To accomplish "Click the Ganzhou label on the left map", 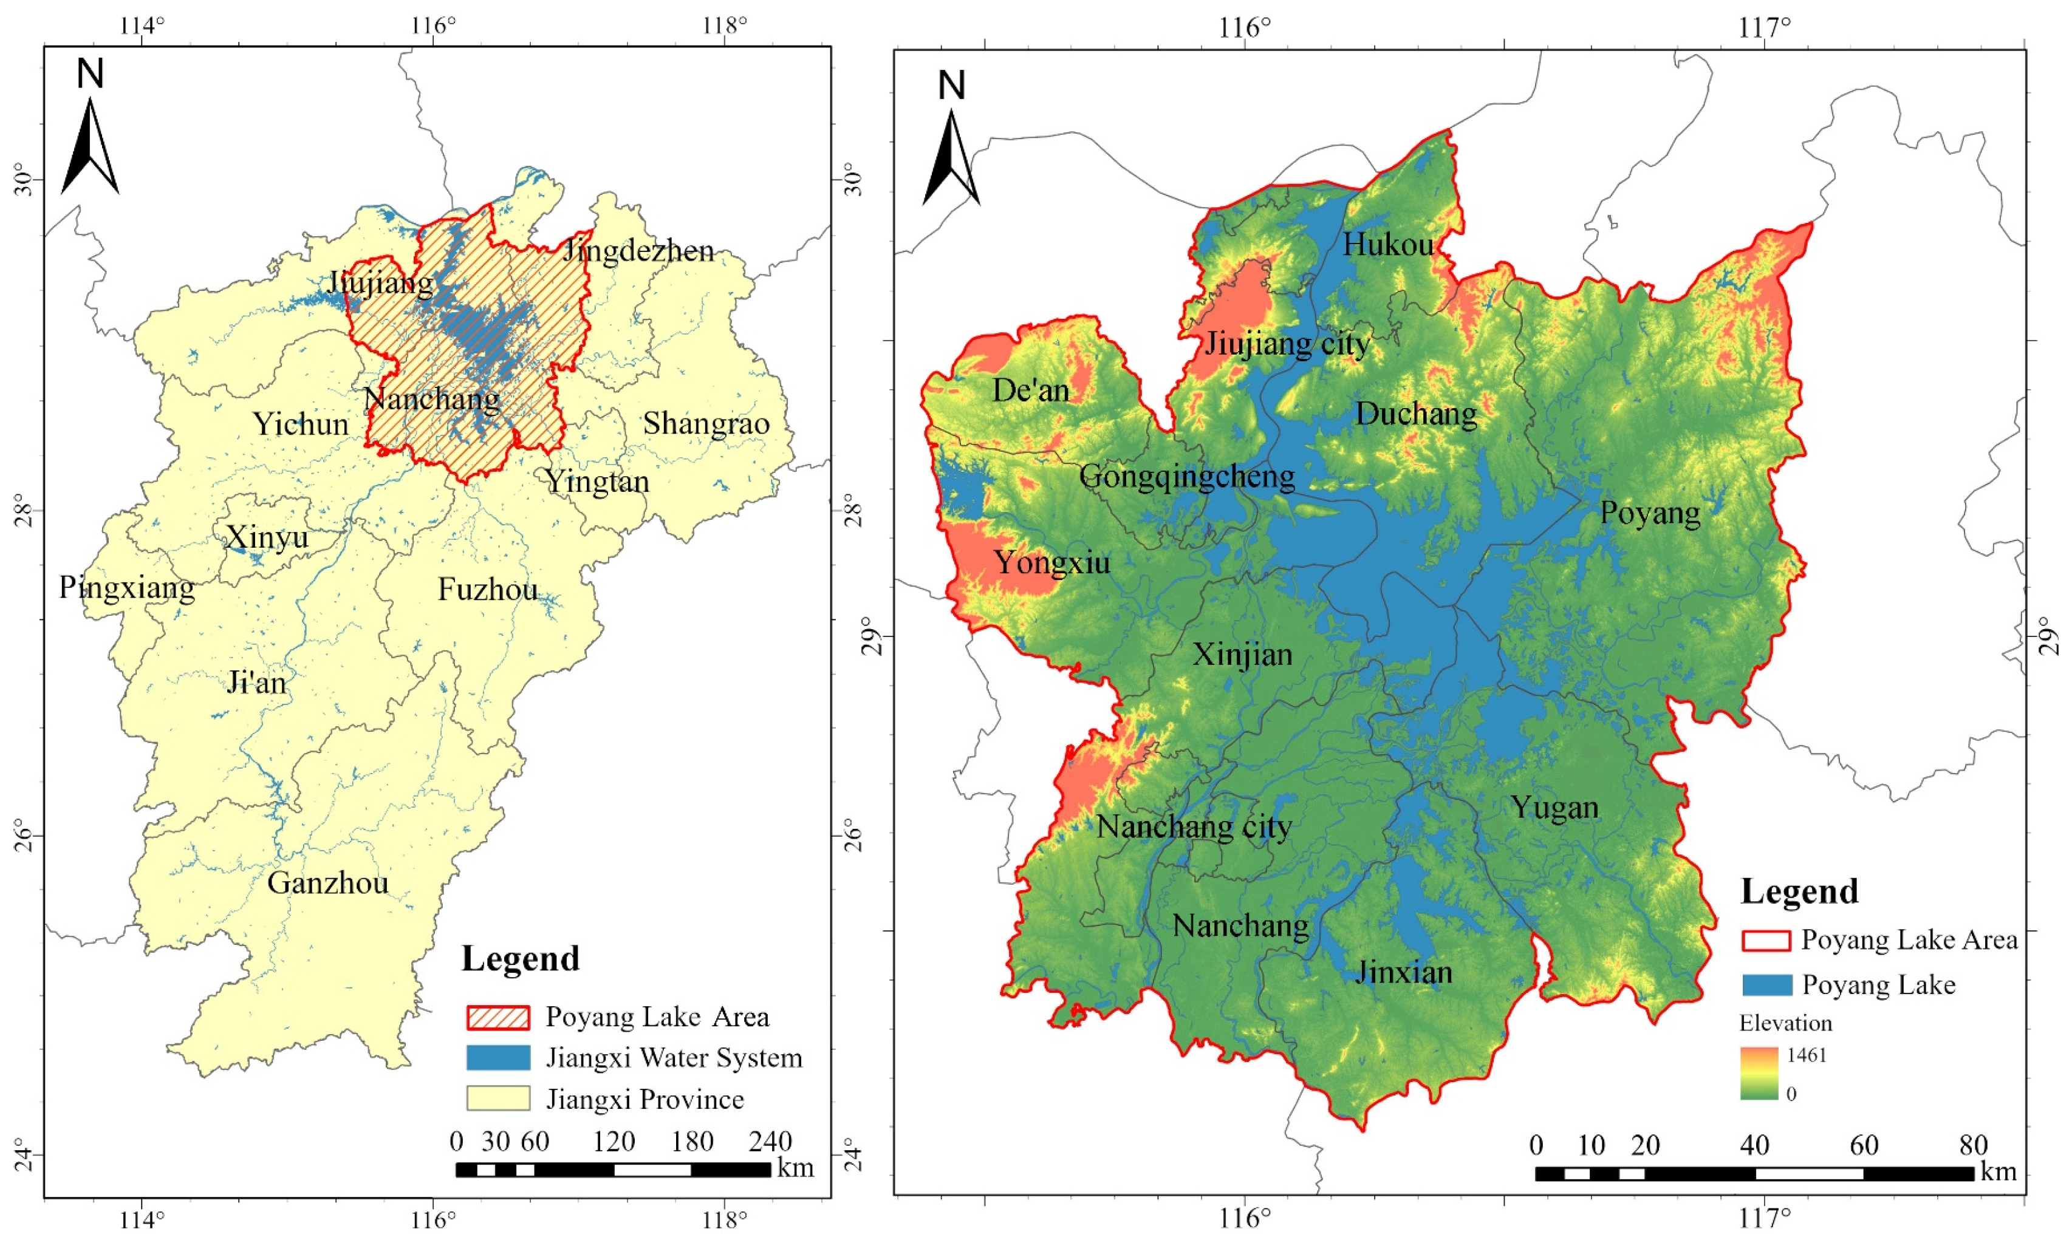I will [x=327, y=883].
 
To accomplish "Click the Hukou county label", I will [x=1387, y=244].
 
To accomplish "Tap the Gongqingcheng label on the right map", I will [x=1187, y=476].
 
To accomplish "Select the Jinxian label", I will [x=1403, y=972].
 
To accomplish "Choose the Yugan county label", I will [x=1554, y=807].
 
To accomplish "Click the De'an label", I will [x=1031, y=390].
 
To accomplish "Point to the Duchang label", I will [x=1416, y=413].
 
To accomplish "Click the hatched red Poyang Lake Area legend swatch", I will [x=498, y=1017].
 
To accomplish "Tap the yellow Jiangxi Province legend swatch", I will [x=498, y=1098].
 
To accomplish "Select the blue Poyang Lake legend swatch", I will [x=1767, y=985].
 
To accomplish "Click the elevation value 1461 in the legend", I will [x=1806, y=1055].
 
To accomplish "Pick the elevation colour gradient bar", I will [x=1759, y=1073].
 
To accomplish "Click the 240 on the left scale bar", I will [x=769, y=1142].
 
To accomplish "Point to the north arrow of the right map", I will [x=951, y=151].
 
